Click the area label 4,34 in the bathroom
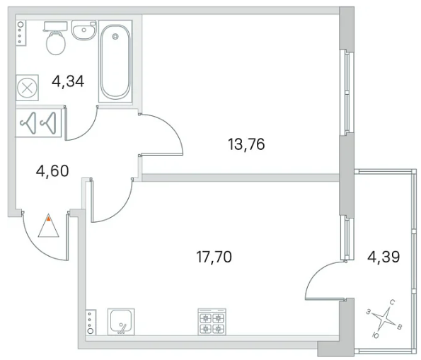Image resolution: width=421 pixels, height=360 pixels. click(x=68, y=81)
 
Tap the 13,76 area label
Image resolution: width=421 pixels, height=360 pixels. click(x=246, y=144)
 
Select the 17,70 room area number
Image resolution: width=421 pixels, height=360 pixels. click(x=214, y=257)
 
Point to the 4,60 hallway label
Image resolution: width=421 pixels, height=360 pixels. click(x=52, y=171)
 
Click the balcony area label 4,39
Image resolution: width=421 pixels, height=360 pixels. click(x=383, y=257)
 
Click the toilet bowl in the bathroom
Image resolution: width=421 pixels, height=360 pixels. click(x=56, y=43)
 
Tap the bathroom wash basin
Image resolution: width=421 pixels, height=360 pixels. click(x=83, y=30)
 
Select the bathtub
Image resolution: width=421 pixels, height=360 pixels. click(x=115, y=62)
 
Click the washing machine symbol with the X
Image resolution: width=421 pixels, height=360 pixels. click(x=27, y=88)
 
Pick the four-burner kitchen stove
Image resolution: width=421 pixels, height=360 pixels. click(x=212, y=322)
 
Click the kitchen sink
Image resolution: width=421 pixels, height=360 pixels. click(x=121, y=322)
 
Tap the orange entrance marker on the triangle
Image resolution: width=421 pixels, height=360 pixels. click(x=48, y=219)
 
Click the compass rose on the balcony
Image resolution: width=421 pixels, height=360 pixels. click(x=383, y=319)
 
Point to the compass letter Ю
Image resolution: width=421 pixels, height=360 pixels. click(x=376, y=335)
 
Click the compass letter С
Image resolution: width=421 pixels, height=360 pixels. click(x=392, y=303)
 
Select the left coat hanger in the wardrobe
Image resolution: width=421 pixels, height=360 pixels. click(x=28, y=123)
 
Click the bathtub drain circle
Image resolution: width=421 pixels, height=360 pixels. click(x=115, y=36)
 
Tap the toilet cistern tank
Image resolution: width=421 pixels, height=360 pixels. click(x=55, y=26)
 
